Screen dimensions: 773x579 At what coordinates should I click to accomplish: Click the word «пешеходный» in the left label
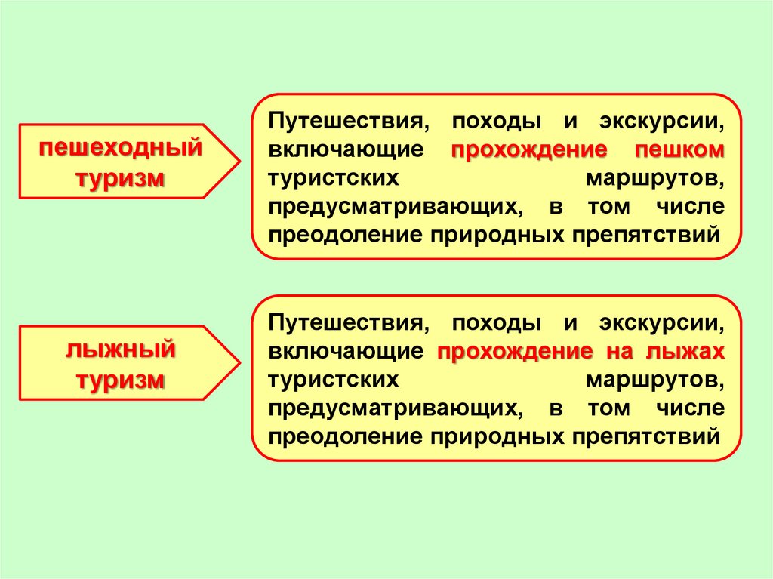tap(122, 147)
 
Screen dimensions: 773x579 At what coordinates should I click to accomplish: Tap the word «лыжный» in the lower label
tap(122, 350)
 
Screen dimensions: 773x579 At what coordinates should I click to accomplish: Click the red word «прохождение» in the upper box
tap(529, 149)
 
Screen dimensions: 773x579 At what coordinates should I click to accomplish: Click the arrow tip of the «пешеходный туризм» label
tap(239, 161)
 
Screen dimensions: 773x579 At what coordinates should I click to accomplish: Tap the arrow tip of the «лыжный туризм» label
tap(239, 363)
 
